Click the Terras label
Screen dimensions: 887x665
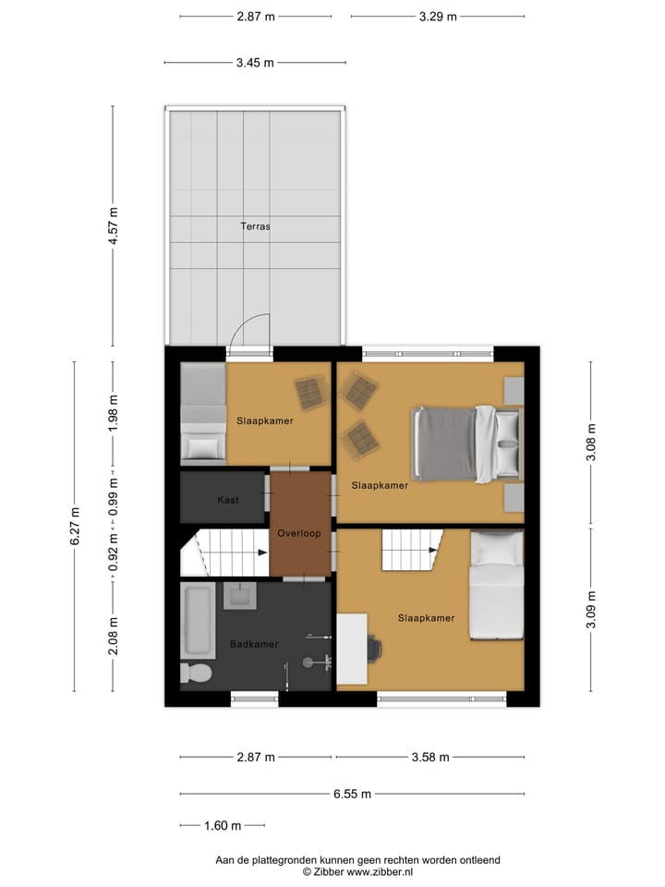pos(255,225)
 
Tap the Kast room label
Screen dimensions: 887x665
pos(228,500)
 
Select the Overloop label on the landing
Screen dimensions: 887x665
pos(299,533)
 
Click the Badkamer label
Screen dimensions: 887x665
pos(254,644)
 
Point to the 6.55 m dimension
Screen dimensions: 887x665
pos(353,794)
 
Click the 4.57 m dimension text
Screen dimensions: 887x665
pos(114,225)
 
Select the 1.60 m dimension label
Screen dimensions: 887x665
pos(223,825)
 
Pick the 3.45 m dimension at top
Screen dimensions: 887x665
pos(255,63)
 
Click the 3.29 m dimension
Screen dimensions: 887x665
pos(438,16)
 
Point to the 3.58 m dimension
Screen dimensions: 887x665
pos(430,758)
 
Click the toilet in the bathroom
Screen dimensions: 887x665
pos(195,672)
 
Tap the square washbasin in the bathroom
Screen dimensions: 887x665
pos(242,596)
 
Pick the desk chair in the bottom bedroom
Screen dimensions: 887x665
pos(374,648)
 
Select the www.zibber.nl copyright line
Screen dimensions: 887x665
pos(358,871)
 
